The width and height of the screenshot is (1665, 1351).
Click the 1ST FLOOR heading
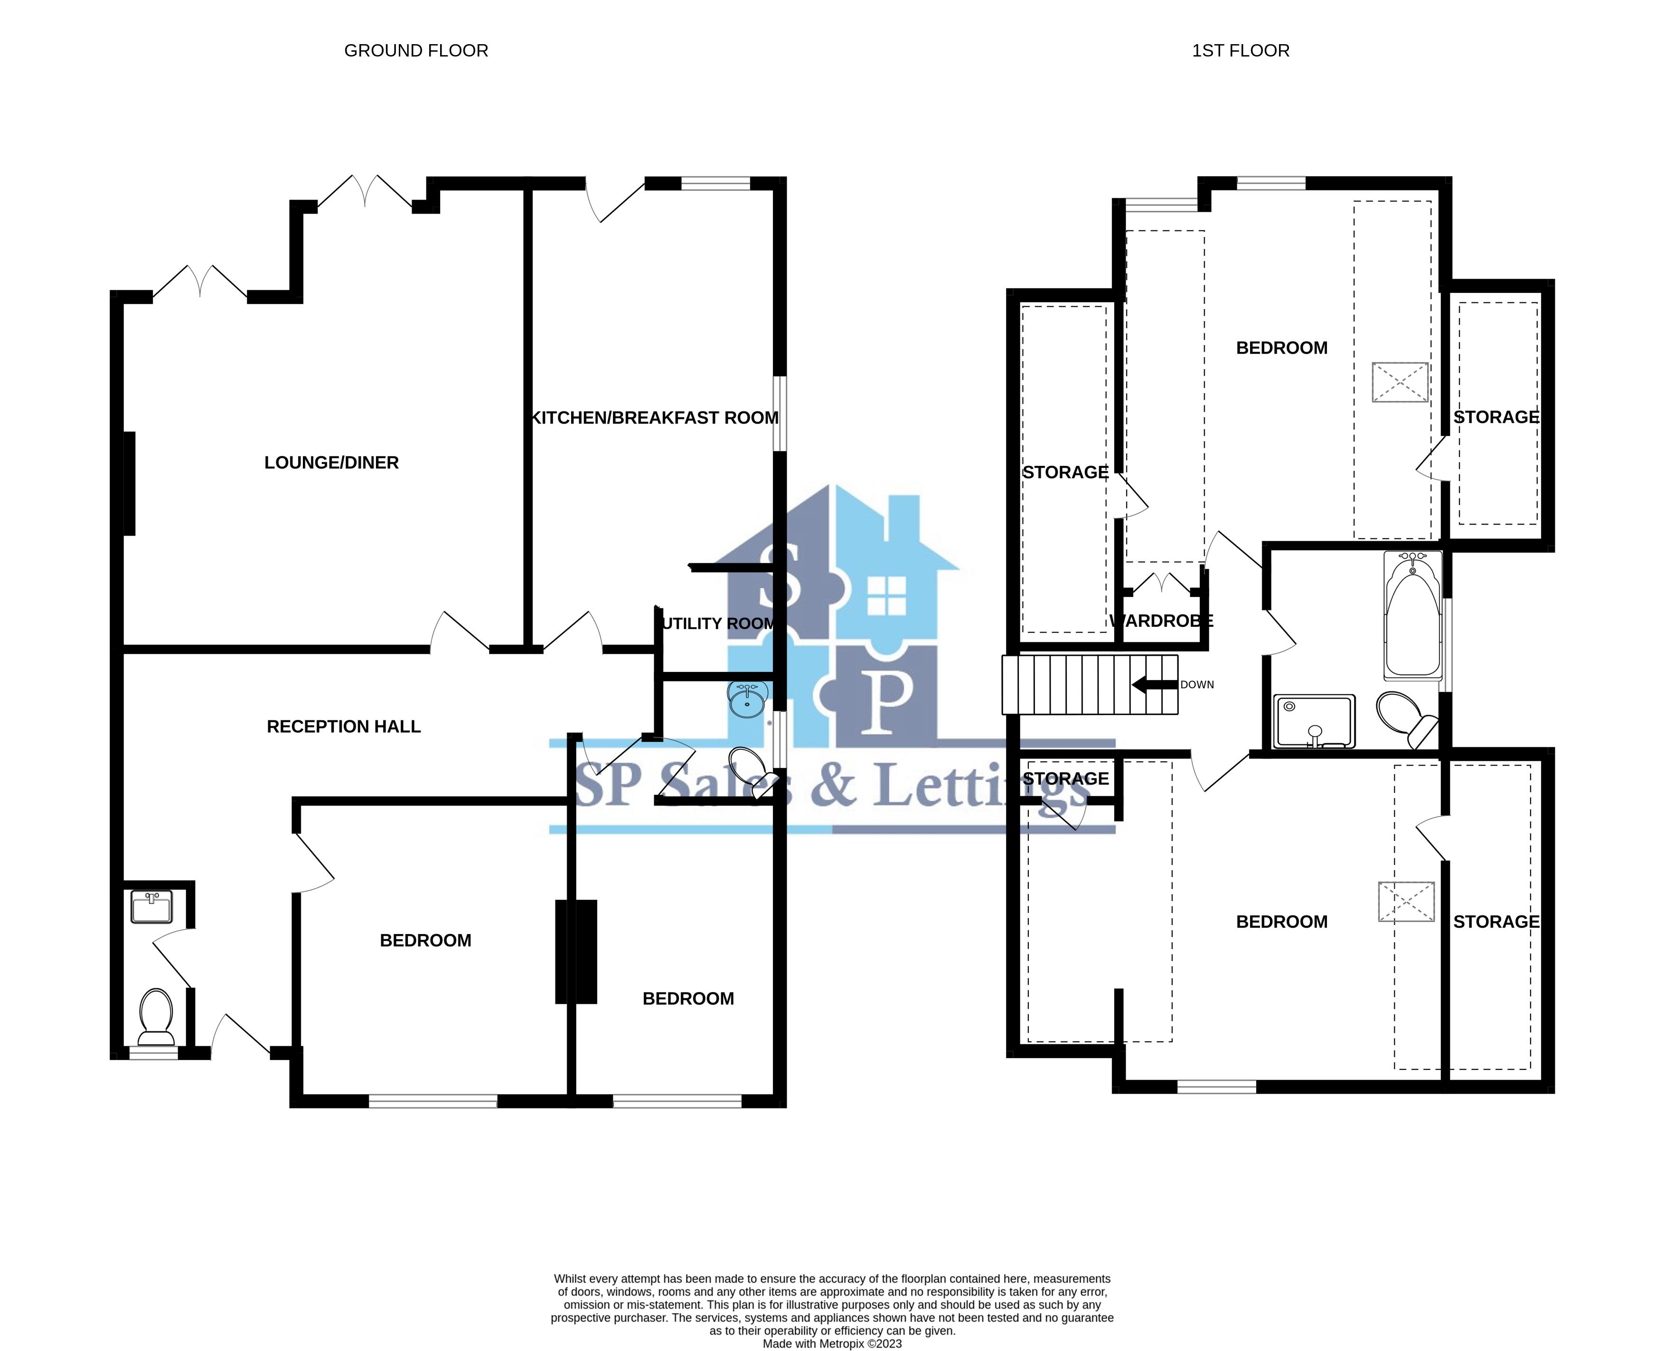tap(1240, 51)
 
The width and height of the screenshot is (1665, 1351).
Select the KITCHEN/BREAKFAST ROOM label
tap(654, 418)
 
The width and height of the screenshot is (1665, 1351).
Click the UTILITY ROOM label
tap(717, 624)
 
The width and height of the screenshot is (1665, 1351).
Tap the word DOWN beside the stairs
tap(1196, 685)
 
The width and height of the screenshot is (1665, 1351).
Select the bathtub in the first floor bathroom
tap(1412, 615)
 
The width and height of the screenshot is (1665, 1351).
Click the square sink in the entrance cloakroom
tap(151, 907)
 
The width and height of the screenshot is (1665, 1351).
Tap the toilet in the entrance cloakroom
tap(156, 1016)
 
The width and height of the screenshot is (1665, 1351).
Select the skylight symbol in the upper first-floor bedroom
tap(1400, 382)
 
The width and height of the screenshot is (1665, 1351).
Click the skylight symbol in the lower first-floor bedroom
tap(1406, 901)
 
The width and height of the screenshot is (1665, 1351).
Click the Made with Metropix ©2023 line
tap(832, 1343)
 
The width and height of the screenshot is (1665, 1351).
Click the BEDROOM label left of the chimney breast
tap(425, 941)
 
